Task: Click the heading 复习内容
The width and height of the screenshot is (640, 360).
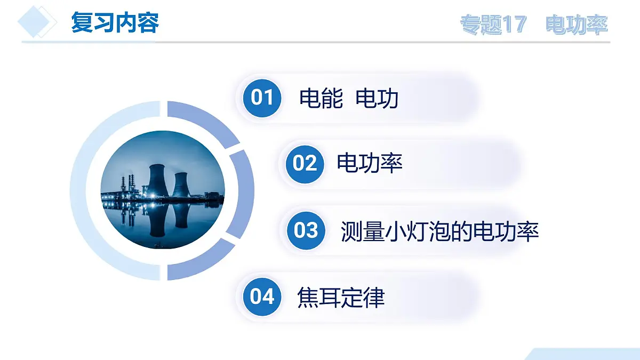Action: pyautogui.click(x=115, y=23)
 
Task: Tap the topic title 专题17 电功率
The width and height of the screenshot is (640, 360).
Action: pyautogui.click(x=534, y=25)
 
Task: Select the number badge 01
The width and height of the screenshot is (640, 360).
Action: pyautogui.click(x=262, y=98)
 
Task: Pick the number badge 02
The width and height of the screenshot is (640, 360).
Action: pyautogui.click(x=305, y=163)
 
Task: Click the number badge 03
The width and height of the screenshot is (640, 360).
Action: pyautogui.click(x=306, y=230)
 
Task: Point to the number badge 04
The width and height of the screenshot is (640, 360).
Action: pyautogui.click(x=262, y=296)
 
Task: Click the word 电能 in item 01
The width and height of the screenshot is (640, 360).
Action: pyautogui.click(x=321, y=99)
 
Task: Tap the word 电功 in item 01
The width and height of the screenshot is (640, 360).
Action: pyautogui.click(x=377, y=99)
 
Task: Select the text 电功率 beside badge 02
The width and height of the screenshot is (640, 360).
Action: pyautogui.click(x=369, y=163)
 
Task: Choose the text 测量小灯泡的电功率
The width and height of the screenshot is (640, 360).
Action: pyautogui.click(x=439, y=231)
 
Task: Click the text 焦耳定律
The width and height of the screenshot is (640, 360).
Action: pyautogui.click(x=340, y=297)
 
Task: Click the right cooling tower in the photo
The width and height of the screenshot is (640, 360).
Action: pyautogui.click(x=181, y=184)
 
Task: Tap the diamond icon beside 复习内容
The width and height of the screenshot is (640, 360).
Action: pyautogui.click(x=37, y=21)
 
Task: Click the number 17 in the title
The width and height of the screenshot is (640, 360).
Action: pyautogui.click(x=515, y=25)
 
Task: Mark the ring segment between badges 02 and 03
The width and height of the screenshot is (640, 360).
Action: pyautogui.click(x=241, y=192)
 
